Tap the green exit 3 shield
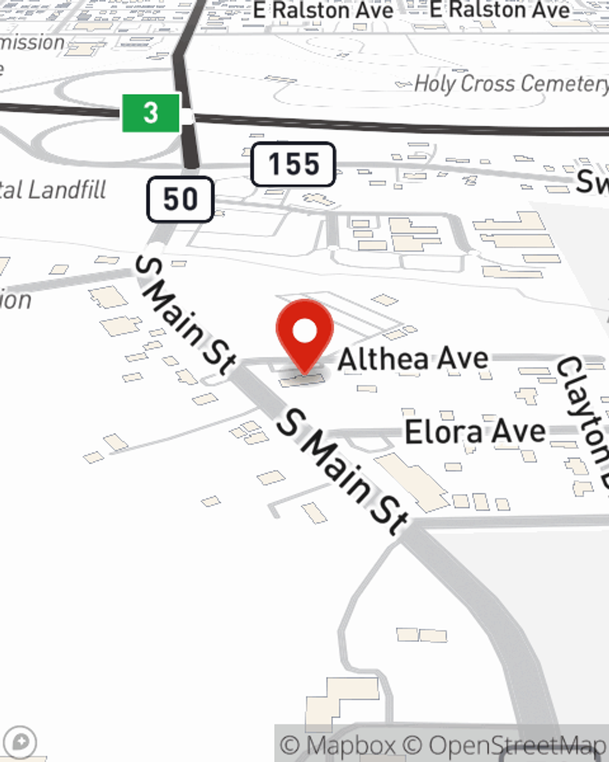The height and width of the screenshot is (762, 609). coord(151,113)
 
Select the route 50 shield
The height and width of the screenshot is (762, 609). coord(180,199)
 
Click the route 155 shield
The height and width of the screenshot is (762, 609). coord(294,164)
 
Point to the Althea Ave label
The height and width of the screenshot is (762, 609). coord(413,358)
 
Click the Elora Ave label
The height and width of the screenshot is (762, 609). coord(475,432)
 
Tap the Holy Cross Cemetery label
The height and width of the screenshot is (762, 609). coord(510,84)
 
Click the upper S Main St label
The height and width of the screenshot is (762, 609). coord(185,315)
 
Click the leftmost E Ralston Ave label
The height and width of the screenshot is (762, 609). coord(323,10)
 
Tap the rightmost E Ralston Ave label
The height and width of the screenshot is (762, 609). coord(499,10)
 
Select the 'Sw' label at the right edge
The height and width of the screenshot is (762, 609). coord(592,182)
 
